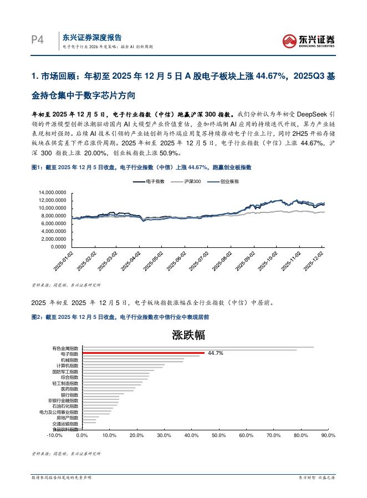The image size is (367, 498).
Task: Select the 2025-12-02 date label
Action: coord(316,261)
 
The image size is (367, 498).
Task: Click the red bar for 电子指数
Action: coord(143,353)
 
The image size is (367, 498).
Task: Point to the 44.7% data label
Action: coord(216,353)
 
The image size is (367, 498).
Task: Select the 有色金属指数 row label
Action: coord(65,347)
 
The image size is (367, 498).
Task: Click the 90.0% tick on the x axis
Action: coord(328,435)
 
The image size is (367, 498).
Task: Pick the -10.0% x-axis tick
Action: coord(54,435)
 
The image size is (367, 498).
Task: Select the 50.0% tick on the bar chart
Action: coord(218,435)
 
